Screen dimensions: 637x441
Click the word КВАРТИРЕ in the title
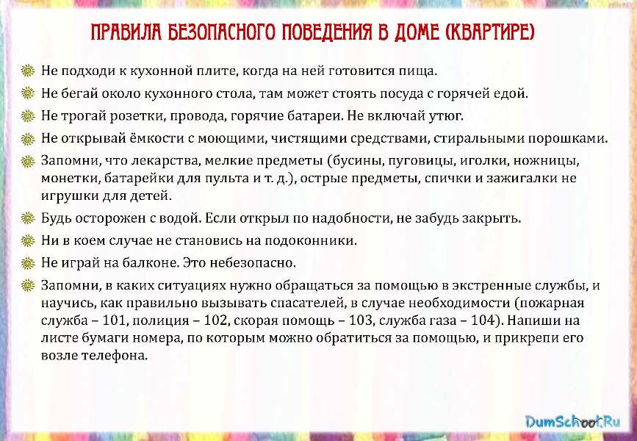pos(488,32)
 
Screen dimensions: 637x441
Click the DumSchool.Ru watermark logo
pos(572,421)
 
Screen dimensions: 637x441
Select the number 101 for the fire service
pos(115,320)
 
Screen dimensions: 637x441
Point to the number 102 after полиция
pos(215,320)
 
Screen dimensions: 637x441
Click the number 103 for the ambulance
pos(360,320)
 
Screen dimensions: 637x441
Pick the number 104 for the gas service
pos(483,320)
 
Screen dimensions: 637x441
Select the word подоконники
pos(310,240)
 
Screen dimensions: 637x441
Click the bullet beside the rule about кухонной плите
pos(28,71)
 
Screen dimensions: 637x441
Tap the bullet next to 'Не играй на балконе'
pos(28,263)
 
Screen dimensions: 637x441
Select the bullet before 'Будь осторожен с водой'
pos(28,218)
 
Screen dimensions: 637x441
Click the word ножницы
pos(546,161)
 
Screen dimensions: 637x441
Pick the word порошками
pos(567,139)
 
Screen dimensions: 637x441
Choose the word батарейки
pos(139,179)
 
